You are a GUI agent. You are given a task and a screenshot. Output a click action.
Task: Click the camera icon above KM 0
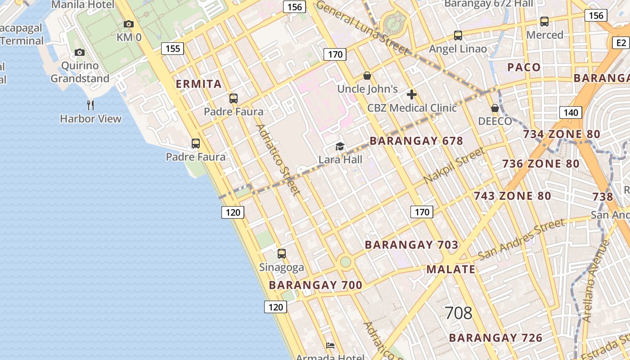pyautogui.click(x=129, y=24)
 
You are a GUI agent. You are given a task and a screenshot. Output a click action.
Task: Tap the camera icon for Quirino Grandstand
pyautogui.click(x=80, y=53)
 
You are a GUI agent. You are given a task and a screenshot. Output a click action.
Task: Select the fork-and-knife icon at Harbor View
pyautogui.click(x=90, y=105)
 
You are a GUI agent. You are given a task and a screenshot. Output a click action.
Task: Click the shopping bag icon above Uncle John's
pyautogui.click(x=367, y=76)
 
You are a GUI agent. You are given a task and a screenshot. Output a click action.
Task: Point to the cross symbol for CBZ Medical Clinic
pyautogui.click(x=412, y=94)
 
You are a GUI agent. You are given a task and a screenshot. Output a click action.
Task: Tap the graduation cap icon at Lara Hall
pyautogui.click(x=340, y=147)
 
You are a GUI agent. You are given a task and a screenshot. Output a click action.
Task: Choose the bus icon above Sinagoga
pyautogui.click(x=282, y=254)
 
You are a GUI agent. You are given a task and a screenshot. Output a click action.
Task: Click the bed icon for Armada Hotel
pyautogui.click(x=330, y=346)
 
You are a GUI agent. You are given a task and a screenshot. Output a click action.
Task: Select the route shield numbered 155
pyautogui.click(x=173, y=49)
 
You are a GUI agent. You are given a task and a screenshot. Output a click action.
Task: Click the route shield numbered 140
pyautogui.click(x=571, y=112)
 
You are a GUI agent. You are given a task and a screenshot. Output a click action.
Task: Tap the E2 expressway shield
pyautogui.click(x=621, y=43)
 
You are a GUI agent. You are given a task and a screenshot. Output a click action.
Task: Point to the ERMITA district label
pyautogui.click(x=198, y=84)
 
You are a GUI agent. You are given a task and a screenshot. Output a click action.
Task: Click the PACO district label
pyautogui.click(x=524, y=67)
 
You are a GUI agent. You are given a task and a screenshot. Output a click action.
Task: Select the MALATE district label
pyautogui.click(x=450, y=269)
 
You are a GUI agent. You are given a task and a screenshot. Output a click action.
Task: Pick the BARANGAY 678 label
pyautogui.click(x=416, y=141)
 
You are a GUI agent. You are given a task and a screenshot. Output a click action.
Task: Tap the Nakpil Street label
pyautogui.click(x=454, y=165)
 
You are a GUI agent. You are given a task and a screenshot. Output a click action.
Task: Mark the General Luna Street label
pyautogui.click(x=362, y=27)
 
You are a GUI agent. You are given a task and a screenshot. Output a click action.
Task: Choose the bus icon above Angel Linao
pyautogui.click(x=458, y=35)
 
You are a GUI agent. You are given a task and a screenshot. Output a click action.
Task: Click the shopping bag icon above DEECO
pyautogui.click(x=495, y=108)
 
